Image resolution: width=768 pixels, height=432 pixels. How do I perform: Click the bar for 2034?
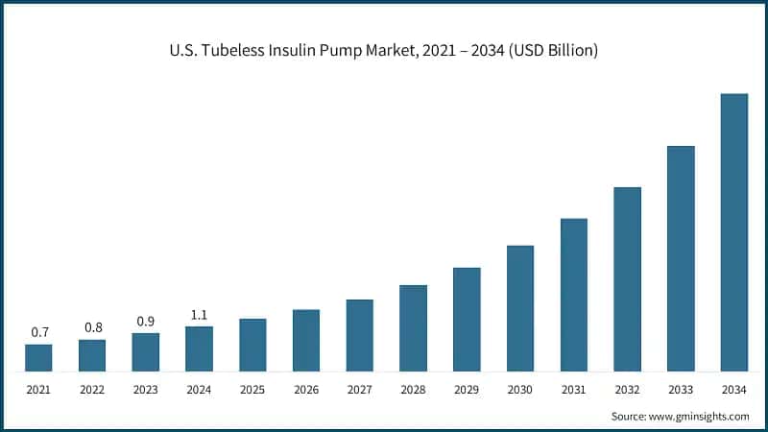coord(733,232)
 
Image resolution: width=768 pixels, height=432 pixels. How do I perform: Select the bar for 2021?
coord(38,357)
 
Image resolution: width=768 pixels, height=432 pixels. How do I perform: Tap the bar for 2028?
coord(413,327)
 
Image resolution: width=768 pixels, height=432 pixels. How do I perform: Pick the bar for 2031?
coord(574,295)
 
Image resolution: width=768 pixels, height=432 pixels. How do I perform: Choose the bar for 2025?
coord(252,345)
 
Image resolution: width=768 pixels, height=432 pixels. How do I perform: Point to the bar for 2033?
coord(681,258)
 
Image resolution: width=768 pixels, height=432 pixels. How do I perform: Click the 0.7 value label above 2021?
coord(39,332)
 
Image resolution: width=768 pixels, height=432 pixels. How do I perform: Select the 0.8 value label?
coord(92,327)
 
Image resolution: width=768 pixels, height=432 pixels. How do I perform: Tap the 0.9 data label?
coord(146,321)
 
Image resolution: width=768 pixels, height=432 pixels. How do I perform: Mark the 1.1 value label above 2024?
coord(199,314)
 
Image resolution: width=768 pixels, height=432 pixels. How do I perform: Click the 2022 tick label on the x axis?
coord(92,390)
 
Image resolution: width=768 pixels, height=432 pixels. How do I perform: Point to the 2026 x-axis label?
coord(306,390)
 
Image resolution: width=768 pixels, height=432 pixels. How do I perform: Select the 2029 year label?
coord(467,390)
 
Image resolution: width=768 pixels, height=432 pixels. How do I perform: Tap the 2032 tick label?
coord(627,390)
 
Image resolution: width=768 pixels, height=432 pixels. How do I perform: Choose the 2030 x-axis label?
coord(520,390)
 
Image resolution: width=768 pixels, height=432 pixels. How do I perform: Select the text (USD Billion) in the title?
coord(550,51)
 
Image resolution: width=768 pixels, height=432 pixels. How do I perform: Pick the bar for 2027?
coord(360,335)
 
